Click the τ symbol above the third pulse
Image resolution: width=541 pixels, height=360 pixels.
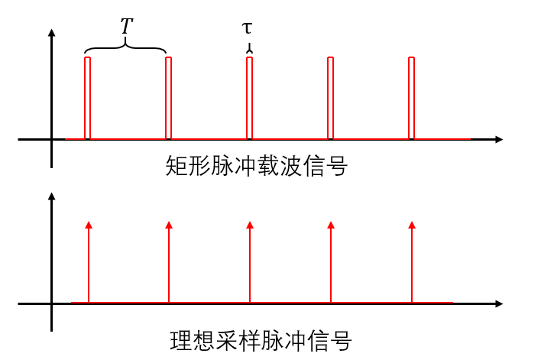[x=247, y=28]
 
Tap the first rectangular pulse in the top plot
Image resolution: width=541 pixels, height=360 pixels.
[x=88, y=98]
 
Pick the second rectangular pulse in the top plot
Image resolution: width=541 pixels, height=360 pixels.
[x=168, y=98]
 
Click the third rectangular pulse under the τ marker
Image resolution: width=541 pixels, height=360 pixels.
[x=249, y=98]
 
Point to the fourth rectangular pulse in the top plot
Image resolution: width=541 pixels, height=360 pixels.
[x=330, y=98]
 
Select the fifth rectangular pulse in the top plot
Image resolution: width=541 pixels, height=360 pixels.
[x=411, y=98]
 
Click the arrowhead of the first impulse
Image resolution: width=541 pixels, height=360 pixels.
[x=89, y=225]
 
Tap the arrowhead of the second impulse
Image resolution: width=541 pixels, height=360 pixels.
[x=169, y=225]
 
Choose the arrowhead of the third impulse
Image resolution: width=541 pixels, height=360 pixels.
[x=250, y=225]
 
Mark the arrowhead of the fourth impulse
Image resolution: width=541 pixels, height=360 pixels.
[x=331, y=225]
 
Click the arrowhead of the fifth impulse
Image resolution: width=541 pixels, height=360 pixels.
[x=412, y=225]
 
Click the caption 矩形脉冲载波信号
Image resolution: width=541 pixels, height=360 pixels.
[x=256, y=166]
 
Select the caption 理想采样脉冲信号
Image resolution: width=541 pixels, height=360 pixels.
[x=261, y=339]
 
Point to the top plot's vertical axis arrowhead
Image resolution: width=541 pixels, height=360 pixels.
[x=51, y=34]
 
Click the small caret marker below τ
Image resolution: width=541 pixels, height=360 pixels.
[x=249, y=50]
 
